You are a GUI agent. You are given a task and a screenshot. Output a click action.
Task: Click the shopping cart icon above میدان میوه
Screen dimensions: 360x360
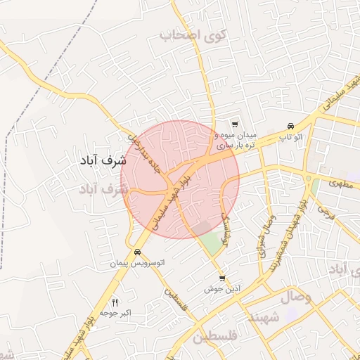coord(235,124)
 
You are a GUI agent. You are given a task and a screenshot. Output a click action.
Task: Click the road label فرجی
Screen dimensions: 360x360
coord(325,209)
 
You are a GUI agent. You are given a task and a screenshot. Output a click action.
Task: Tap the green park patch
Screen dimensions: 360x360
coord(210,242)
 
